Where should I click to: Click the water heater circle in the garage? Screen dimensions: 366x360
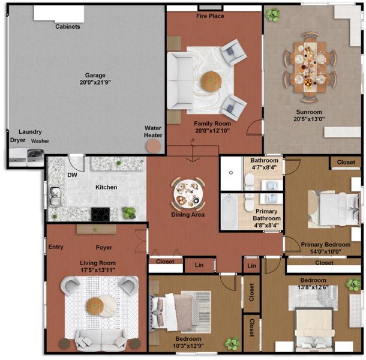pos(154,146)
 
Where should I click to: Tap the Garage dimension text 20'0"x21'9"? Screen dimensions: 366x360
pos(95,82)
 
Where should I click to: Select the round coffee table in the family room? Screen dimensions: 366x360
pos(211,81)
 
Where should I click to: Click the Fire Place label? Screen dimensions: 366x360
pos(210,16)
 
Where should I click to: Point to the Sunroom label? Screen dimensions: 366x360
pos(309,112)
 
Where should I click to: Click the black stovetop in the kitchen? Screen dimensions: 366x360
pos(100,214)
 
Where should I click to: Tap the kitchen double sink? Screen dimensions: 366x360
pos(55,196)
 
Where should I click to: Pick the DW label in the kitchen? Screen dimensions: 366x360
pos(72,175)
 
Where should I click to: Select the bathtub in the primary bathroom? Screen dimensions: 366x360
pos(229,212)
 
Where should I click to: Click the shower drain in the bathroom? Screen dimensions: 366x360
pos(231,173)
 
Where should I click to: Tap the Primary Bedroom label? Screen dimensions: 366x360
pos(326,245)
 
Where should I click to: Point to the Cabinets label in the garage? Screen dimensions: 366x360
pos(68,26)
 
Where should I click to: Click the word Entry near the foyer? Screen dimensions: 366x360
pos(56,247)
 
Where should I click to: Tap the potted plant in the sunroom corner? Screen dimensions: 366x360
pos(273,15)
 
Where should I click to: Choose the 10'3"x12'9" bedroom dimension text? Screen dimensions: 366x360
pos(188,346)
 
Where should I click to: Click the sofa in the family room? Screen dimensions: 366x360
pos(180,81)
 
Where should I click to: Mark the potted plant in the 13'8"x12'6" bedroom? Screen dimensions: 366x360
pos(353,285)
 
